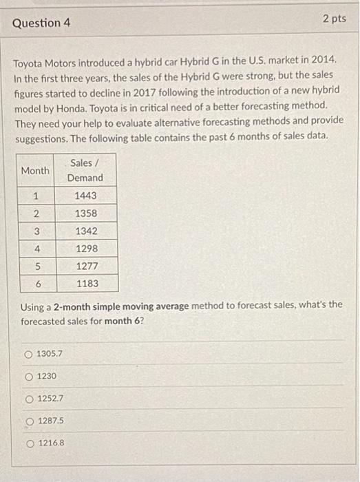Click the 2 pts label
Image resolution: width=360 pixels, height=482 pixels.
[334, 19]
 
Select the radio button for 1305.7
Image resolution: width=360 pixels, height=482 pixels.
[28, 354]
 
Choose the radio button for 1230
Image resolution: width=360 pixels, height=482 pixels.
[28, 376]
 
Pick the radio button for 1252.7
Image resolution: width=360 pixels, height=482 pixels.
[28, 399]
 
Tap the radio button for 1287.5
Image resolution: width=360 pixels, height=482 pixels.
[28, 421]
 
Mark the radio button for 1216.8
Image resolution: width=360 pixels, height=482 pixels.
[28, 443]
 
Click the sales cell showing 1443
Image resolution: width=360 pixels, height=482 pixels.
[85, 196]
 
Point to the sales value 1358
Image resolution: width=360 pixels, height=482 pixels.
[85, 213]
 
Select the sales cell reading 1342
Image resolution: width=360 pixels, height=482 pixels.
[85, 231]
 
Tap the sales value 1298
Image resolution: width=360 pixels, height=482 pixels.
[85, 248]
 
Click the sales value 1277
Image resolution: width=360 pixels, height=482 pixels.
[85, 265]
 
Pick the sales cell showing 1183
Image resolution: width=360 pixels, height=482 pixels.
[85, 283]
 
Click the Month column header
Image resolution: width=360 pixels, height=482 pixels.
[35, 170]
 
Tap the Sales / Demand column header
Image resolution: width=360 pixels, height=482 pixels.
[85, 170]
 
